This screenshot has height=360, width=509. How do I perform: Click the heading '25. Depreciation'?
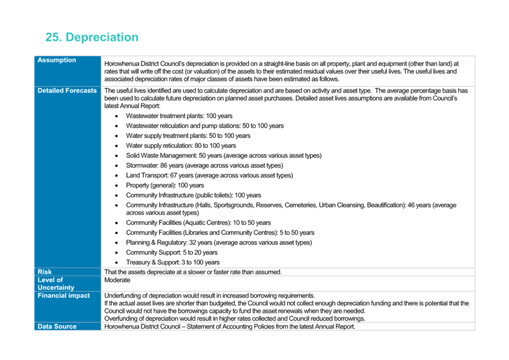pyautogui.click(x=92, y=37)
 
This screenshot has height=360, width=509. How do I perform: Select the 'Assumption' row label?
pyautogui.click(x=57, y=60)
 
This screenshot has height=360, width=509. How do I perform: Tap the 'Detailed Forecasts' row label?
pyautogui.click(x=67, y=90)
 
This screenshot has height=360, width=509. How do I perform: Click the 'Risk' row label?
pyautogui.click(x=44, y=272)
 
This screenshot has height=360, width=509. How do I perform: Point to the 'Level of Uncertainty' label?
pyautogui.click(x=56, y=284)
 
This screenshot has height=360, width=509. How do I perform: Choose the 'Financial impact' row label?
pyautogui.click(x=63, y=296)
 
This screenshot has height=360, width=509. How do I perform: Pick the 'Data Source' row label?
pyautogui.click(x=57, y=327)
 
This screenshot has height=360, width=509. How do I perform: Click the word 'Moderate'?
pyautogui.click(x=117, y=280)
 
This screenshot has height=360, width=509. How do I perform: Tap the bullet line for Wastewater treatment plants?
pyautogui.click(x=179, y=116)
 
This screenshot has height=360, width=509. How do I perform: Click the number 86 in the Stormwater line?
pyautogui.click(x=164, y=165)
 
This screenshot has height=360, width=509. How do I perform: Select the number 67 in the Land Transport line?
pyautogui.click(x=174, y=175)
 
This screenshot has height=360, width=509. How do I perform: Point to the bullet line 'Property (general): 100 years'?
pyautogui.click(x=165, y=185)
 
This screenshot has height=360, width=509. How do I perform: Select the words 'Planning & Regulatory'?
pyautogui.click(x=157, y=242)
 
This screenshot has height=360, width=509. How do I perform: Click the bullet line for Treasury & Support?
pyautogui.click(x=173, y=262)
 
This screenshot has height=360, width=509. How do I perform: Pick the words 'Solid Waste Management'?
pyautogui.click(x=161, y=156)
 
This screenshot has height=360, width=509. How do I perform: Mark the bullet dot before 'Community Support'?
pyautogui.click(x=116, y=253)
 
